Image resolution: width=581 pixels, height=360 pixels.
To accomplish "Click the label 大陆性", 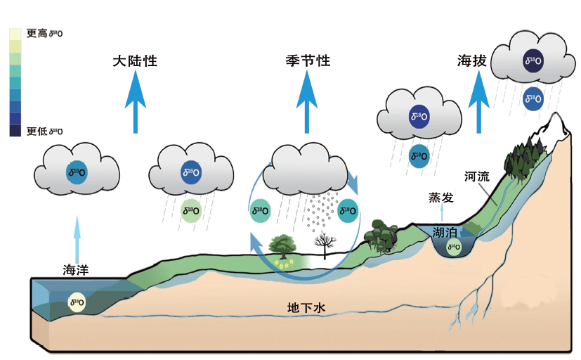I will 134,61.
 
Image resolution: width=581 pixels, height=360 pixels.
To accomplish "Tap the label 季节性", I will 308,61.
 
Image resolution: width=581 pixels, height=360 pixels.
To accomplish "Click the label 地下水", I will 306,307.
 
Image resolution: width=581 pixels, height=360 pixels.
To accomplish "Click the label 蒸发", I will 441,198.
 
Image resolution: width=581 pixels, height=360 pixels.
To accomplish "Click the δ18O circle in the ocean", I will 77,303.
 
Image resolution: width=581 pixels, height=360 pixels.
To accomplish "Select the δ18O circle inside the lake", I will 453,247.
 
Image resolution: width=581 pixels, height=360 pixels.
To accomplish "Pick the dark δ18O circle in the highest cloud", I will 533,61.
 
